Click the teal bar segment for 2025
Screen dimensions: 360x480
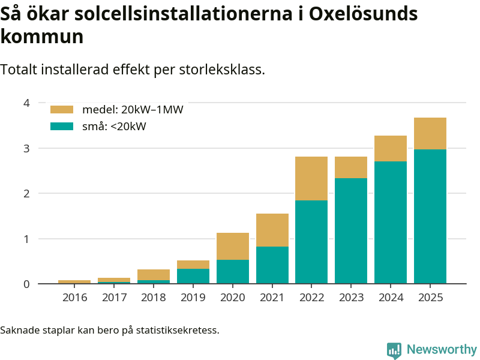(x=430, y=216)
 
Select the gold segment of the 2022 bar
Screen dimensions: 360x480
(x=311, y=178)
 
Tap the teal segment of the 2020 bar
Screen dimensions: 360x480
(x=233, y=271)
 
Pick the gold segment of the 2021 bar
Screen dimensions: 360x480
(x=272, y=230)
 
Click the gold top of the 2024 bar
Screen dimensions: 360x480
(x=391, y=148)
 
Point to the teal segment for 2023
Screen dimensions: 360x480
(x=351, y=230)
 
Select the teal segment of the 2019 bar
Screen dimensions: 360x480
(x=193, y=276)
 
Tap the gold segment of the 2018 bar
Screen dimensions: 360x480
(x=154, y=275)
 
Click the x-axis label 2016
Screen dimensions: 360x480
(x=74, y=298)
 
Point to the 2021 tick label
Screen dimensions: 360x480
(x=272, y=298)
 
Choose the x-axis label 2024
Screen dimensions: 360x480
(x=391, y=298)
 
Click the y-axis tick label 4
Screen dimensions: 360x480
(x=26, y=103)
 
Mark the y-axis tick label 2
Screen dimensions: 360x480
(x=26, y=193)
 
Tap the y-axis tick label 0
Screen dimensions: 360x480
(x=26, y=284)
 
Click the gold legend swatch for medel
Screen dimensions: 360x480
(x=62, y=110)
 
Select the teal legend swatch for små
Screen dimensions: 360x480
(x=62, y=126)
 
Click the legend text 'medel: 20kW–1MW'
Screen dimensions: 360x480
(x=133, y=110)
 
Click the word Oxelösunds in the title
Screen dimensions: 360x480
(x=363, y=13)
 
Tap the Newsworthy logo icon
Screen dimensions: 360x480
(x=394, y=350)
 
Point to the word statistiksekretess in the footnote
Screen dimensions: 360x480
(x=180, y=330)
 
